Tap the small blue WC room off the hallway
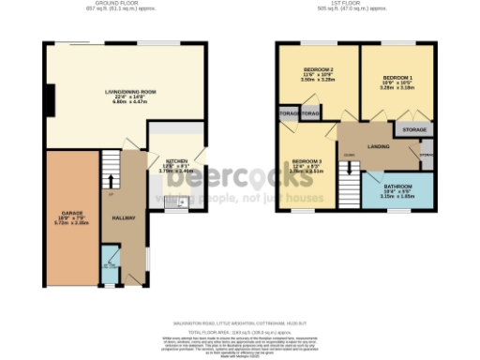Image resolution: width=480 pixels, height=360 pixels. [x=110, y=266]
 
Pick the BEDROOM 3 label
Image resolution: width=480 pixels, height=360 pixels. [x=306, y=160]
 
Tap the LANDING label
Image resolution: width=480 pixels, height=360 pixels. [x=380, y=146]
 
